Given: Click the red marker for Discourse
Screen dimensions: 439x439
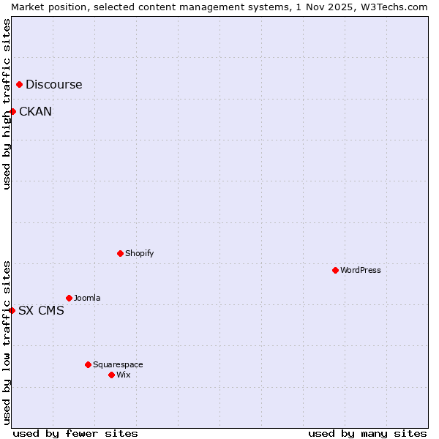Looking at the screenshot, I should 19,84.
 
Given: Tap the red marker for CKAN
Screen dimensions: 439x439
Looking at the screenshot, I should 12,111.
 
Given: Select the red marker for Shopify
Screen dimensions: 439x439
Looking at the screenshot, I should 120,253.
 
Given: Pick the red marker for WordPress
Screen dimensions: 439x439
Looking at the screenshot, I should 335,270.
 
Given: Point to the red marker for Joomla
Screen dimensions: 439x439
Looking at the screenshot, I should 69,298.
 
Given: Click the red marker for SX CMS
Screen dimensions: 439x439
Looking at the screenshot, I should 12,310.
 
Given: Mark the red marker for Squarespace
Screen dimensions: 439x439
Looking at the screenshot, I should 88,364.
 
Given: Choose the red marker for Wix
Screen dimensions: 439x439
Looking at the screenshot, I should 111,375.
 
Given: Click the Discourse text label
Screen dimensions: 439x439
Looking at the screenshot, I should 54,84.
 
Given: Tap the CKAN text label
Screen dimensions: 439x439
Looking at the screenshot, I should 35,111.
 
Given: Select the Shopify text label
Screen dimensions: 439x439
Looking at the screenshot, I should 139,253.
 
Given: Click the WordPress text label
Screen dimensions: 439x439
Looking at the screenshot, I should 361,270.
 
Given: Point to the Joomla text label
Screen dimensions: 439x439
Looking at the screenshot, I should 87,298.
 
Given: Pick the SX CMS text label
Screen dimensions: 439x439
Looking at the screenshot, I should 41,310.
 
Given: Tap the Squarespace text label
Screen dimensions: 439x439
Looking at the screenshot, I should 118,364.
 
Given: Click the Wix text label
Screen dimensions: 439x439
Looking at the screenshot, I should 124,375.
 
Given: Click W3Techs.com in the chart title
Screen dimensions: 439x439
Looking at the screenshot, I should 399,7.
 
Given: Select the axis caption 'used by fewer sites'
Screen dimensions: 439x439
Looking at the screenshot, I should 75,433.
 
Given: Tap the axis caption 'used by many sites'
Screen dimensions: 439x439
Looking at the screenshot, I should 367,433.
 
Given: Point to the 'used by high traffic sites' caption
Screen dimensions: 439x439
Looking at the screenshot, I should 7,104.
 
